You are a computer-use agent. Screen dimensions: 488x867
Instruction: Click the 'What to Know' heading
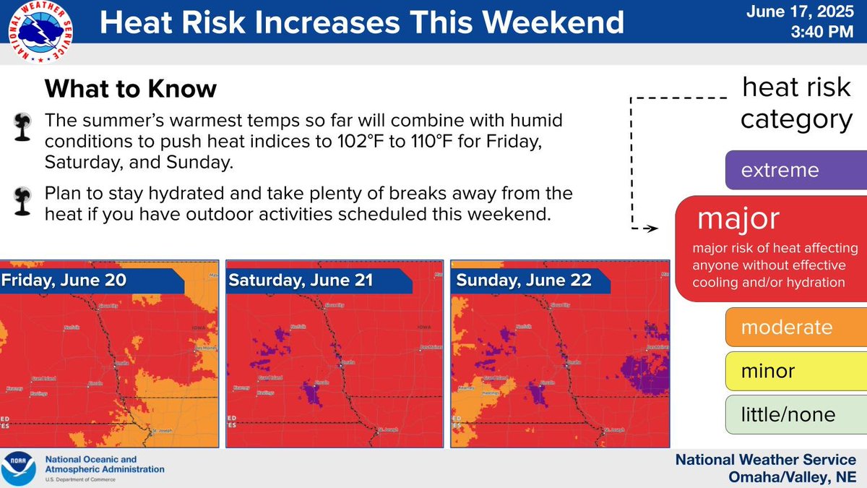(x=130, y=89)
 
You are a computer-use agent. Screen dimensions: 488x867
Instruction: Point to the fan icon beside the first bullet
(x=21, y=128)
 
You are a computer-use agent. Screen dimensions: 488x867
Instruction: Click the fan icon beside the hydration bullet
(x=21, y=203)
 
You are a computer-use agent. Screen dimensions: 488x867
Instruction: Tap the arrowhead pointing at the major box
(x=652, y=229)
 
